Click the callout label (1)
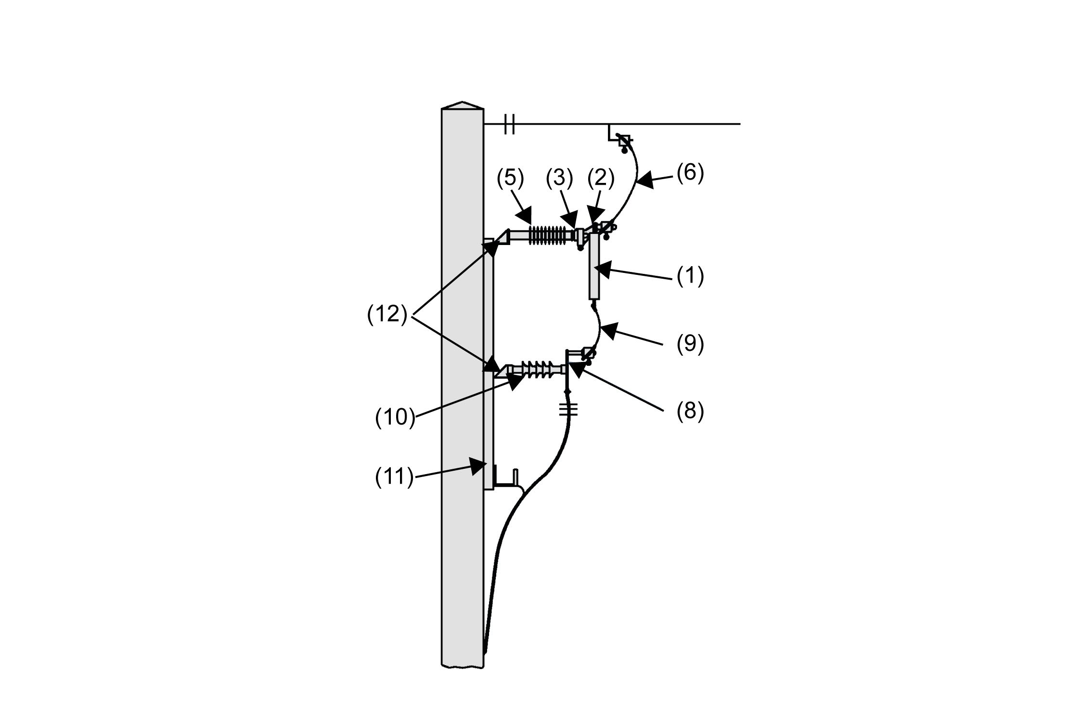690,276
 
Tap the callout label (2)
601,179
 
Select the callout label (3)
559,178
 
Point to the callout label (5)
510,178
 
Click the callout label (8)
690,413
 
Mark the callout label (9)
690,344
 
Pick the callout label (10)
395,417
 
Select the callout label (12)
387,315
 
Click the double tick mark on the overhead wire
510,124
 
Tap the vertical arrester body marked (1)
594,267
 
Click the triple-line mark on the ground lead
568,410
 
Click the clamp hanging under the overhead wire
623,142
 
